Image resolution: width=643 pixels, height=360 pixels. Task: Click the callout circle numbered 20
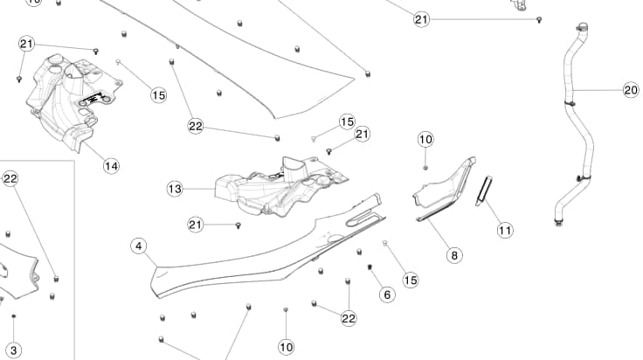[631, 90]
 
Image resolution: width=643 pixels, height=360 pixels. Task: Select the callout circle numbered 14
[111, 165]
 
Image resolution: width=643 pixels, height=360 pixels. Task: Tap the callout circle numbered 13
[175, 188]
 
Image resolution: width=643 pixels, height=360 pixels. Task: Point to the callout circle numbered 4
[138, 246]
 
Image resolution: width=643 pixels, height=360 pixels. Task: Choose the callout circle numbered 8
[454, 255]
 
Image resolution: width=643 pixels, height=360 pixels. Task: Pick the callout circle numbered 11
[505, 231]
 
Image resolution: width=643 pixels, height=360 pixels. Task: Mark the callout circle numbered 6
[387, 295]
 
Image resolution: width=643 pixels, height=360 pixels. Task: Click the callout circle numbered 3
[13, 350]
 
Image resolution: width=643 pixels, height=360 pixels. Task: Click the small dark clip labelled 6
[370, 266]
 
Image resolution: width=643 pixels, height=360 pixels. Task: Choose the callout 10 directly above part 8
[425, 139]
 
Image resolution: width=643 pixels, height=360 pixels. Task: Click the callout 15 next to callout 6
[410, 280]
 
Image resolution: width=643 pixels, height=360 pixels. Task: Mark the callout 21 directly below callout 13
[196, 225]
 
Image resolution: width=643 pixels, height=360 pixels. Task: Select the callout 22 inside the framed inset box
[10, 179]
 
